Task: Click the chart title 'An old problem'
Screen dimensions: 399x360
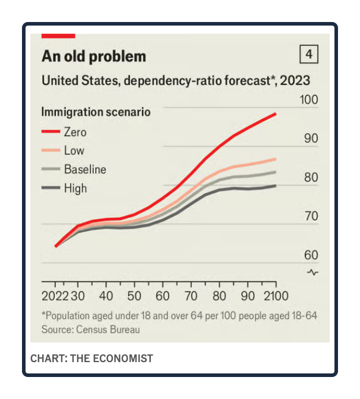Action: tap(93, 57)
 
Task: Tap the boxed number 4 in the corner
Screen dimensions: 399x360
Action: tap(308, 55)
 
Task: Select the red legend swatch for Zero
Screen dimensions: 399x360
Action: tap(50, 132)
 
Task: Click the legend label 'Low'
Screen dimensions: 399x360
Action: tap(74, 150)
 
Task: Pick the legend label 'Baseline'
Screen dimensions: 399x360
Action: tap(85, 169)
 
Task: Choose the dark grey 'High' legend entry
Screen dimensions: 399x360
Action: tap(75, 188)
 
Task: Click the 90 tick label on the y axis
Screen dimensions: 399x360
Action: tap(311, 138)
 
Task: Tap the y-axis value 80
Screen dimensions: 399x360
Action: tap(311, 177)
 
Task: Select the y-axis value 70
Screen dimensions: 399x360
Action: tap(311, 216)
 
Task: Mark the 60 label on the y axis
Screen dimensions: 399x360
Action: tap(311, 255)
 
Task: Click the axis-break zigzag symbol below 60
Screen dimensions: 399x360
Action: tap(313, 272)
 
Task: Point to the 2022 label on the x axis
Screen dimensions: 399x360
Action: tap(56, 296)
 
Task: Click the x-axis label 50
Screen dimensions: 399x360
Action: tap(134, 296)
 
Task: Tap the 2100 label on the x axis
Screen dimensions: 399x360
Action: tap(275, 296)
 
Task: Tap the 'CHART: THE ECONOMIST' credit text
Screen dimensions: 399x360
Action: tap(91, 358)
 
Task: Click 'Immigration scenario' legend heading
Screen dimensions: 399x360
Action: tap(96, 111)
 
